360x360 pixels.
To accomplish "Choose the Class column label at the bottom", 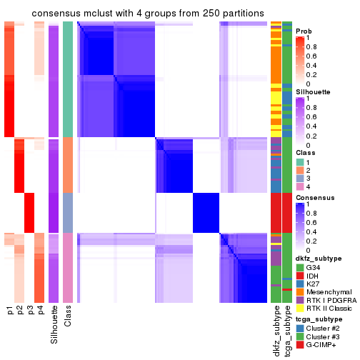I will [68, 319].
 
